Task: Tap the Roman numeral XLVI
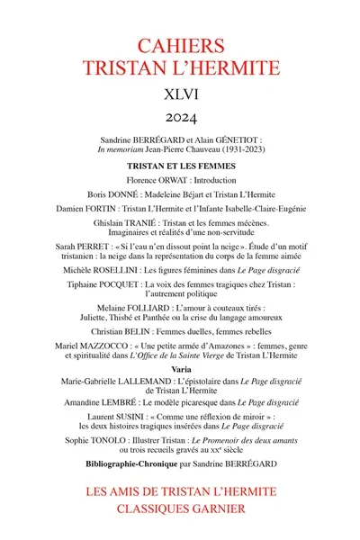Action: click(180, 93)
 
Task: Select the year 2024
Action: click(180, 118)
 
